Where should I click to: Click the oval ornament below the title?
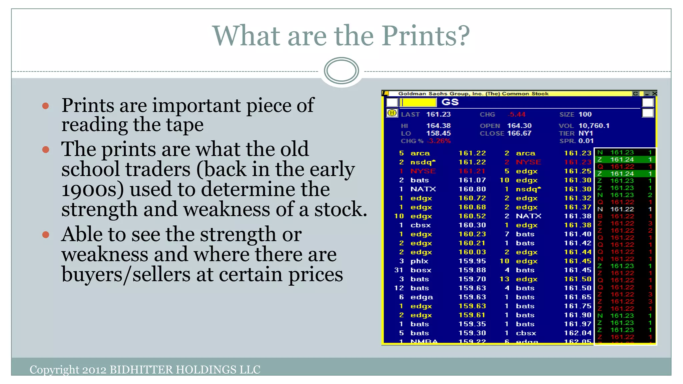[341, 71]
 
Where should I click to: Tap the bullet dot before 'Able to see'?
[46, 235]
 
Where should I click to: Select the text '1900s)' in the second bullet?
[92, 189]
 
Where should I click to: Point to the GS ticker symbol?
[450, 102]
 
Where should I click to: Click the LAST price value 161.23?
[438, 114]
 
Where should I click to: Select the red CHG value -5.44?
[516, 114]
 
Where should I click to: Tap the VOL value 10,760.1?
[594, 126]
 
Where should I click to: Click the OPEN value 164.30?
[519, 126]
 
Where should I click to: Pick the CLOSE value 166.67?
[519, 133]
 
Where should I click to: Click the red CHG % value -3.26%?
[439, 141]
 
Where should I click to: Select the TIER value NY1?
[586, 133]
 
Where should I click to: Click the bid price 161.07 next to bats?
[472, 180]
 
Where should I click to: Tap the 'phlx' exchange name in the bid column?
[419, 261]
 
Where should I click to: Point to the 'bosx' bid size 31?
[399, 270]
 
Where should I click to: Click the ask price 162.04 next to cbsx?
[578, 333]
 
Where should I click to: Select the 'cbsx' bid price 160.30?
[472, 225]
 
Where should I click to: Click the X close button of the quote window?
[654, 94]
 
